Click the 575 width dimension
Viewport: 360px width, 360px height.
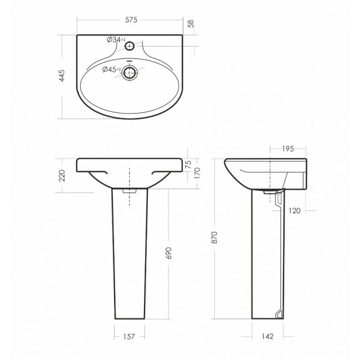point(131,20)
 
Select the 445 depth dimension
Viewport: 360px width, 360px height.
point(62,75)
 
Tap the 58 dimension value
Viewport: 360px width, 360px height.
point(191,24)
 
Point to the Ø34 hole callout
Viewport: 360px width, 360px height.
point(116,40)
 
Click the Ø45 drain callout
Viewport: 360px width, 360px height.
point(112,69)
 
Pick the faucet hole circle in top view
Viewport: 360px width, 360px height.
point(130,46)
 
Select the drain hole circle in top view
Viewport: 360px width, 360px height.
point(130,73)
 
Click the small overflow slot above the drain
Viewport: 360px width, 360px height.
point(130,61)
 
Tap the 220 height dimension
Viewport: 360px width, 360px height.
point(62,176)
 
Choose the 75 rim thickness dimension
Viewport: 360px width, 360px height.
point(188,164)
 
